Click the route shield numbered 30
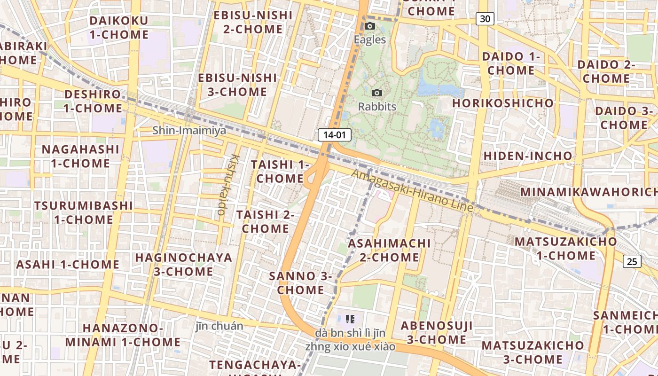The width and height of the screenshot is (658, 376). (x=485, y=19)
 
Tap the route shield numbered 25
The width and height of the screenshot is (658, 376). (x=632, y=261)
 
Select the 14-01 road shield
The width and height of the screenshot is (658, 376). (x=335, y=135)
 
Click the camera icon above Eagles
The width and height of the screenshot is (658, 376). (x=370, y=26)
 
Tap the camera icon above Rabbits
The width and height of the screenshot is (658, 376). (x=377, y=93)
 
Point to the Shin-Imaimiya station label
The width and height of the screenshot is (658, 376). (x=189, y=130)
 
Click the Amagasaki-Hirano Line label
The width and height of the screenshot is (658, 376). (x=413, y=190)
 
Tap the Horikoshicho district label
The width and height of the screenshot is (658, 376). (x=503, y=103)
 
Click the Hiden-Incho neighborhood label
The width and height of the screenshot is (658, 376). (x=528, y=156)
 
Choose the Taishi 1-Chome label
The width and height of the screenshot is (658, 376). (x=280, y=172)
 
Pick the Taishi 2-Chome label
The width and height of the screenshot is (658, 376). (x=265, y=221)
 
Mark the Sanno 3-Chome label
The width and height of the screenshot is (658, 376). (x=300, y=283)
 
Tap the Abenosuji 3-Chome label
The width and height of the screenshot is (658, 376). (x=433, y=332)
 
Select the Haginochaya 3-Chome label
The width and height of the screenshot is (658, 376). (x=184, y=264)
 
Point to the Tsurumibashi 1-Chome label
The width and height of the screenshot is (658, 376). (x=83, y=212)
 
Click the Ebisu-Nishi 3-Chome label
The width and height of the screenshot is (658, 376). (x=237, y=85)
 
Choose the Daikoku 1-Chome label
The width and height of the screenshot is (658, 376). (x=118, y=27)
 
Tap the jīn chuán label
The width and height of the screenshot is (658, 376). (x=219, y=326)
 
